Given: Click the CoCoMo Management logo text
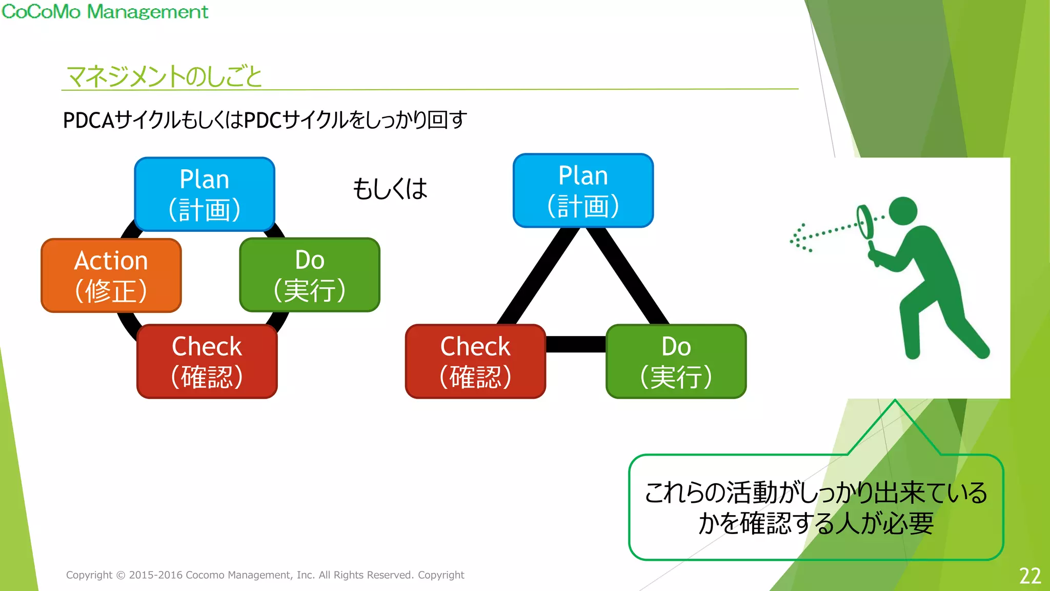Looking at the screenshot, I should tap(105, 11).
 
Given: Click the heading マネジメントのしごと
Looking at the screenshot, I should tap(164, 76).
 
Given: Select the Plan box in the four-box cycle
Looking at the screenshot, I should tap(205, 194).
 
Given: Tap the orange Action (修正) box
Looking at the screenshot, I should tap(111, 275).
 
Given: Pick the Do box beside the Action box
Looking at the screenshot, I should tap(310, 274).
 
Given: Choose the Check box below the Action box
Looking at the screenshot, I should tap(207, 361).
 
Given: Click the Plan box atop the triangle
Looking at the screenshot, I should tap(583, 190).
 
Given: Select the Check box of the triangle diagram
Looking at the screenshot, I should tap(475, 361).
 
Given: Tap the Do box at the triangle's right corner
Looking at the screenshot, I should tap(676, 361).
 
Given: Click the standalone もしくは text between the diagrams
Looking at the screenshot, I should tap(390, 189).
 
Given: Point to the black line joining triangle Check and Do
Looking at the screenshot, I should tap(575, 344).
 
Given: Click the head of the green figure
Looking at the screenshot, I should tap(903, 211).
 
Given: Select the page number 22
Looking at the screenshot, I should tap(1029, 576).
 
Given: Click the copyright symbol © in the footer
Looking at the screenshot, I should tap(120, 576).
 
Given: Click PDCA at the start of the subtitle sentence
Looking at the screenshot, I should tap(88, 120).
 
